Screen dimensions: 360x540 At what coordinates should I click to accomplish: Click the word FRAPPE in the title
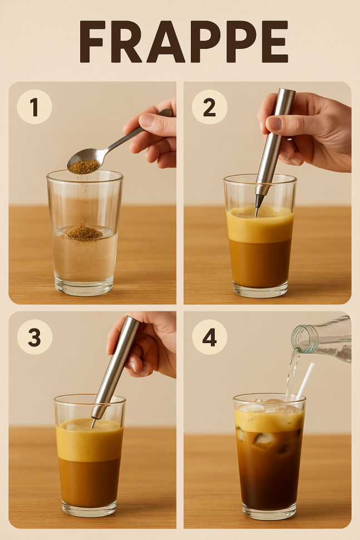(x=184, y=42)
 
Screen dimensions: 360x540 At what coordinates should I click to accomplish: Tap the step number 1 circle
(x=34, y=107)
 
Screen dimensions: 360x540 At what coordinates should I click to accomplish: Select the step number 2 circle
(x=209, y=107)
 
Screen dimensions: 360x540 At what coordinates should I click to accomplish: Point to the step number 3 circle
(x=34, y=337)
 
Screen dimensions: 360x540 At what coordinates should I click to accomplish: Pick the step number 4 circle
(x=209, y=337)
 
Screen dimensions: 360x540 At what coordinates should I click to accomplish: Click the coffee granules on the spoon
(x=83, y=167)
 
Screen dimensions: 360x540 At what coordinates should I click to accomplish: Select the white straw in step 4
(x=305, y=381)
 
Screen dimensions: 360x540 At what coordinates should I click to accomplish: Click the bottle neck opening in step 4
(x=300, y=339)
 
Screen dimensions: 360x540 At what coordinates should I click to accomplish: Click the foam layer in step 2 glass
(x=260, y=224)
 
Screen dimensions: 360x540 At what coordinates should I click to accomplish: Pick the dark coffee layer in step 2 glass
(x=260, y=264)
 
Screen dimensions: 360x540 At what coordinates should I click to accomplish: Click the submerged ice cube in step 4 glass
(x=264, y=439)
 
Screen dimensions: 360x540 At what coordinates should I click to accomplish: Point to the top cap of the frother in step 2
(x=287, y=93)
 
